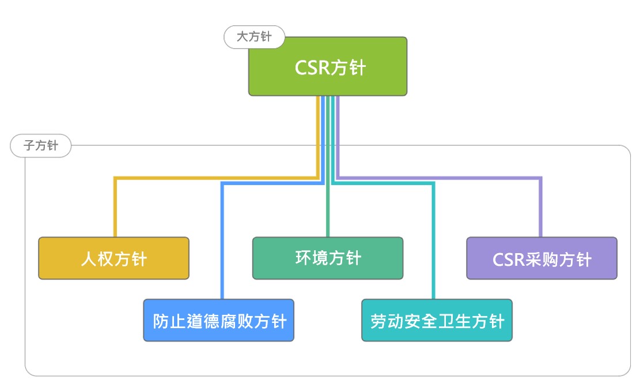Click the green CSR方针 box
click(x=327, y=66)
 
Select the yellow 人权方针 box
click(x=113, y=258)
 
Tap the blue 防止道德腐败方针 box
click(x=219, y=321)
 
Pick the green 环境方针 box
click(x=328, y=258)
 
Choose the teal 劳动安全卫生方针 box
click(x=437, y=321)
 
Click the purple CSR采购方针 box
click(x=542, y=258)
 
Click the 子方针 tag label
click(x=41, y=146)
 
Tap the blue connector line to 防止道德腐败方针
click(x=222, y=242)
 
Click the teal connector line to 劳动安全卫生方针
click(x=433, y=242)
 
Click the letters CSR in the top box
click(x=312, y=68)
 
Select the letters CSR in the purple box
click(x=507, y=259)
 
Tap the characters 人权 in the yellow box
click(x=97, y=259)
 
